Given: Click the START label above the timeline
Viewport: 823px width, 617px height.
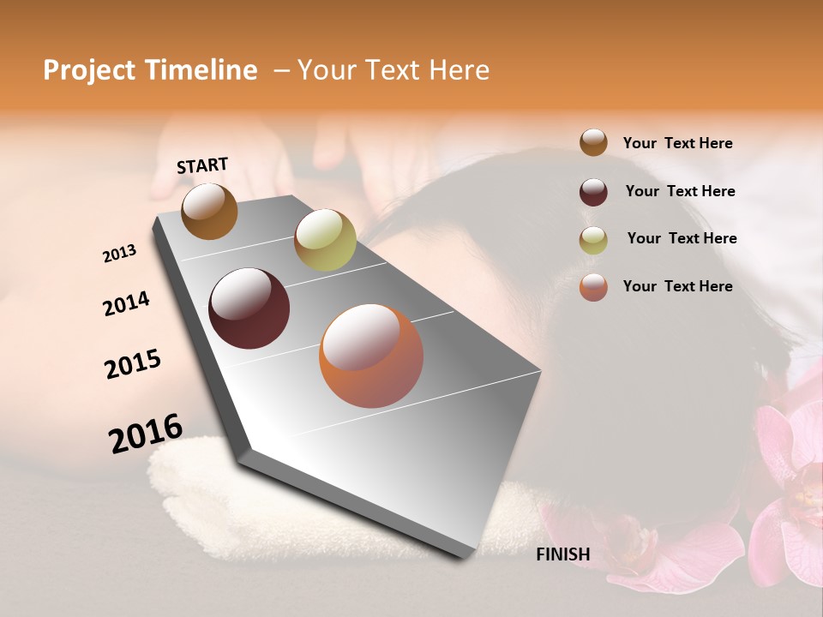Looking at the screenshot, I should pyautogui.click(x=202, y=165).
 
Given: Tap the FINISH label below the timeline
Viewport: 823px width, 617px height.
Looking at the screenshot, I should pyautogui.click(x=562, y=554).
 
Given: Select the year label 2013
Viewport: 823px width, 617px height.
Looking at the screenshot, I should pyautogui.click(x=119, y=254).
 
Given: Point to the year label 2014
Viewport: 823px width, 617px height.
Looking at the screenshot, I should pyautogui.click(x=126, y=304).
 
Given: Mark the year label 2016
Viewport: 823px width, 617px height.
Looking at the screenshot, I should pyautogui.click(x=146, y=434).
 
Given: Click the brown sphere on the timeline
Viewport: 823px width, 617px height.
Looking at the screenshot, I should pyautogui.click(x=209, y=211).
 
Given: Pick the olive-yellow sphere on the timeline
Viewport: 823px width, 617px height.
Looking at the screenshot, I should pyautogui.click(x=325, y=240).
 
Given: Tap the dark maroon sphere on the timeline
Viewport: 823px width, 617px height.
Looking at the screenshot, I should pyautogui.click(x=249, y=308).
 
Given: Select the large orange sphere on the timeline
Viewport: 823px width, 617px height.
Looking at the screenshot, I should pyautogui.click(x=371, y=356).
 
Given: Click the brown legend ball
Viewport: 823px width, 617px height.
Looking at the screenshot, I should pyautogui.click(x=593, y=143).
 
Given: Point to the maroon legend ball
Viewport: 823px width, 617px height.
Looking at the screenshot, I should pyautogui.click(x=593, y=192).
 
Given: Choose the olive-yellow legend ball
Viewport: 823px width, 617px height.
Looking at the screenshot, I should pyautogui.click(x=593, y=240).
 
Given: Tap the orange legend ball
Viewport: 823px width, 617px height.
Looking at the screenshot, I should pyautogui.click(x=593, y=287).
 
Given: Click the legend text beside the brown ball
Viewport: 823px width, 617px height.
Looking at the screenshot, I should pyautogui.click(x=677, y=144).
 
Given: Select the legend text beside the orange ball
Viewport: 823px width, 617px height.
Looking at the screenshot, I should pyautogui.click(x=677, y=286).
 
